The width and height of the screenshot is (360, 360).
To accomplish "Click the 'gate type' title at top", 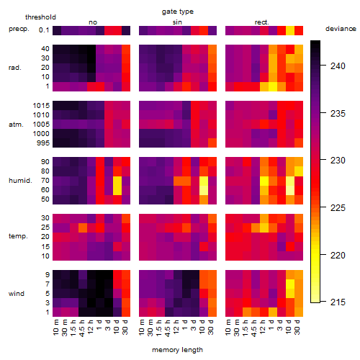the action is point(178,12).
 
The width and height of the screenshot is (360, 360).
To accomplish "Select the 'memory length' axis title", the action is point(177,350).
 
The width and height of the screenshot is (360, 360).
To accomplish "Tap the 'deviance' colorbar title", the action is point(341,29).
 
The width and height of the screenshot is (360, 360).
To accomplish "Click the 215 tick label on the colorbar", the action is point(338,302).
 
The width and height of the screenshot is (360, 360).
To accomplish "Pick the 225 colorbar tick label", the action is point(338,207).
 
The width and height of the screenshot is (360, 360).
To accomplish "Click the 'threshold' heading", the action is point(40,17).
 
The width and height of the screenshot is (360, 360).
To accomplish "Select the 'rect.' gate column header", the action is point(262,22).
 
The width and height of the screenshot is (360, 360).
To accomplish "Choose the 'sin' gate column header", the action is point(177,22).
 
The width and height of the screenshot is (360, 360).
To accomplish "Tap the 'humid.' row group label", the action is point(20,181).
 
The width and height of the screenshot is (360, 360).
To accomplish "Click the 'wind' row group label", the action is point(17,294).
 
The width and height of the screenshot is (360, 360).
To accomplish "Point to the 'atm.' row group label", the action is point(16,125).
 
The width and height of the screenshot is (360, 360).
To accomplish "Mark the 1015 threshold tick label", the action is point(41,106).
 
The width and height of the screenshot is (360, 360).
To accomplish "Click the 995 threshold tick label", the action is point(43,143).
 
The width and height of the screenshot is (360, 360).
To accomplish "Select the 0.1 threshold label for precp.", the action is point(44,30).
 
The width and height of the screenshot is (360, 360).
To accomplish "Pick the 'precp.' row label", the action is point(19,29).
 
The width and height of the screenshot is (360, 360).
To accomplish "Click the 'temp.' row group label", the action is point(18,236).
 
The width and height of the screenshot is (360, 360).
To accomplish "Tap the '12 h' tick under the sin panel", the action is point(176,327).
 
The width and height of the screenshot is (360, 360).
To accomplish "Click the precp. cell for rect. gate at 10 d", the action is point(290,30).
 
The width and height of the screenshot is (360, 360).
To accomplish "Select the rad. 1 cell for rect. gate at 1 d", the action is point(273,86).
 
